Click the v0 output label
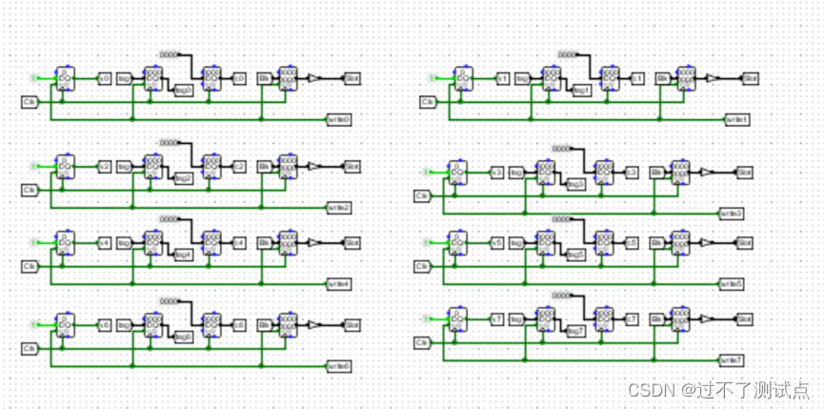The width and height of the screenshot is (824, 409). [105, 78]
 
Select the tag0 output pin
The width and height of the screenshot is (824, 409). [184, 92]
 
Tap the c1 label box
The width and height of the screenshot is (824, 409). [636, 78]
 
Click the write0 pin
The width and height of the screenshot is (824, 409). [339, 119]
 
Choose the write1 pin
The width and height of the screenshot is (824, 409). [737, 119]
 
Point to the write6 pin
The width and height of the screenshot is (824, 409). [339, 365]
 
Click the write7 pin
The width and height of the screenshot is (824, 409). [732, 360]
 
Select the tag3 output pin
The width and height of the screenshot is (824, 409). [575, 185]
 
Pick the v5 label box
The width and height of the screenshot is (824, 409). [496, 243]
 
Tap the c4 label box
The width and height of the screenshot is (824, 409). [239, 243]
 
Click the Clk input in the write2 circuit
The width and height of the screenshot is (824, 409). [30, 190]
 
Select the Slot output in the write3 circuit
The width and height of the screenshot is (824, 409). [745, 173]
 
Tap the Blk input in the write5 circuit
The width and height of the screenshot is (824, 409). [656, 243]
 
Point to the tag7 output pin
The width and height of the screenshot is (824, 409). [575, 331]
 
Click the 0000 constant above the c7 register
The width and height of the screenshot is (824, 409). [569, 295]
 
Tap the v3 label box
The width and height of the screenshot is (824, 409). [496, 173]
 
